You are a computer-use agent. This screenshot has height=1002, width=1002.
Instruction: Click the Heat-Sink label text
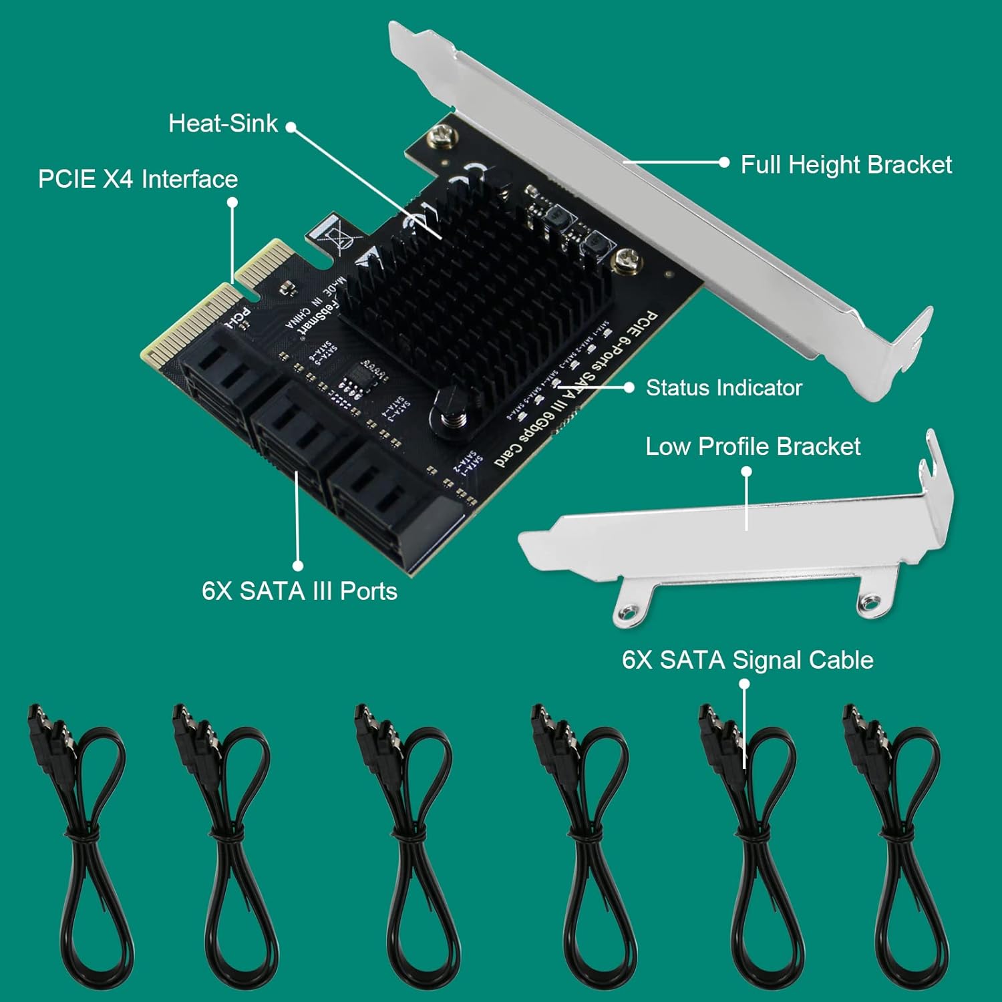coord(222,124)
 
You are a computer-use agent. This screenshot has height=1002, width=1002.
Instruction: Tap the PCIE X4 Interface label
coord(138,179)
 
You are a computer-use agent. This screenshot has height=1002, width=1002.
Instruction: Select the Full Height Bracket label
coord(846,164)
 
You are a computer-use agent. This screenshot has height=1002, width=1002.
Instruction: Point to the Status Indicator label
coord(723,387)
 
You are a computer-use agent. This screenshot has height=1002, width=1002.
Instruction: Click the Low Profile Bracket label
coord(753,446)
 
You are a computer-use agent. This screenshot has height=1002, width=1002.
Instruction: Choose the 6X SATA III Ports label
coord(299,591)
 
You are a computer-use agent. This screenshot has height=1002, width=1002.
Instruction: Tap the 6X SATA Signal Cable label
coord(747,660)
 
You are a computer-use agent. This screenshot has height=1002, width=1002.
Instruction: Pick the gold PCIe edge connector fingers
coord(200,314)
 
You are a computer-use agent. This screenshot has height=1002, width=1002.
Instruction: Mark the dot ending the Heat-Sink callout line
coord(291,126)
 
